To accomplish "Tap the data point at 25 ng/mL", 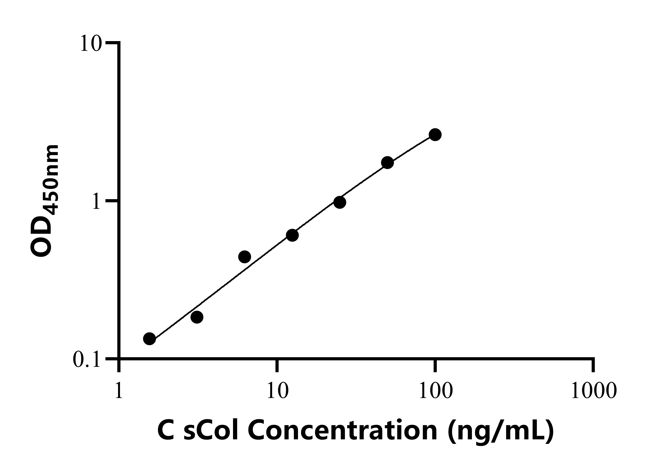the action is point(340,202).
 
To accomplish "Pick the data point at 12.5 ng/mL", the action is point(292,235).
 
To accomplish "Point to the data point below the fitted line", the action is point(197,317).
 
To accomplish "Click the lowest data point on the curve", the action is point(149,338).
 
